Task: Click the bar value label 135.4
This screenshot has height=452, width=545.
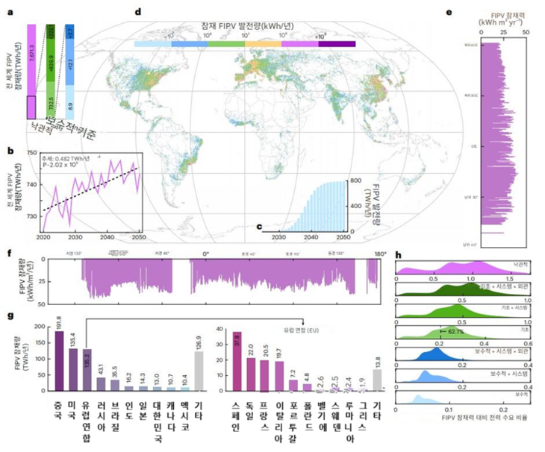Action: (x=73, y=339)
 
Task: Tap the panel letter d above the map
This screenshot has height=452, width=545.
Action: (x=136, y=12)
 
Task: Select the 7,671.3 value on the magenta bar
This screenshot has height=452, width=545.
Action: (x=33, y=61)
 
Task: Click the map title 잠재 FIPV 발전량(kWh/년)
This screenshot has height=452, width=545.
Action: (x=246, y=25)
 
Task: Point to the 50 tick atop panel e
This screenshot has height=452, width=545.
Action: (x=526, y=34)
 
